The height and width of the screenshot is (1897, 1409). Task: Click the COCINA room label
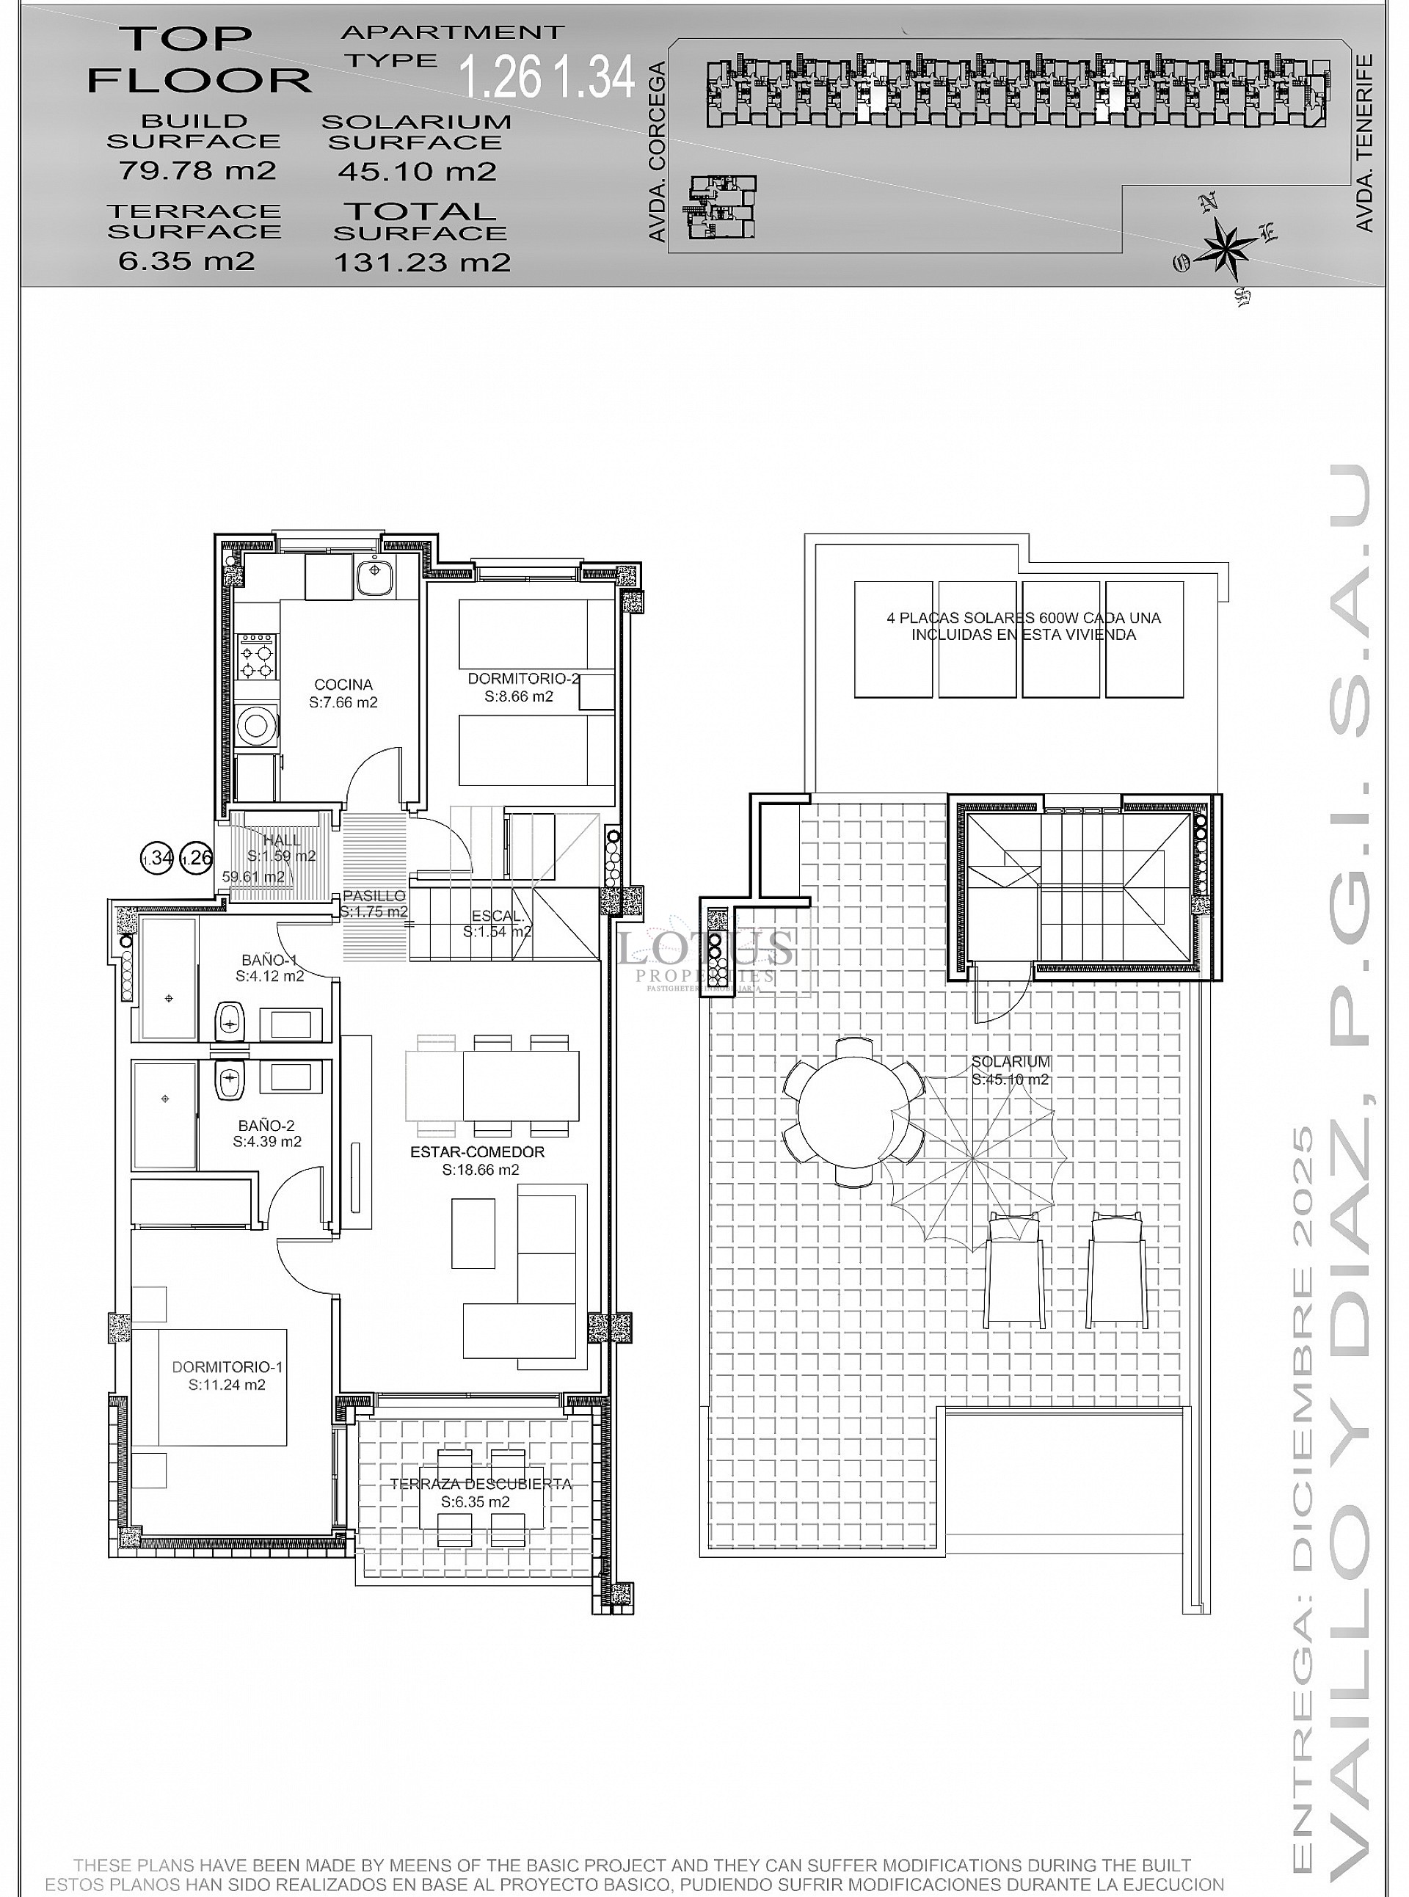[x=343, y=684]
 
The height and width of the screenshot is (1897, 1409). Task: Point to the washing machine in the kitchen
[x=257, y=725]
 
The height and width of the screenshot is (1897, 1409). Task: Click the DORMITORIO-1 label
[x=227, y=1366]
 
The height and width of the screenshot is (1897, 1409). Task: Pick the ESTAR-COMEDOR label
[x=477, y=1151]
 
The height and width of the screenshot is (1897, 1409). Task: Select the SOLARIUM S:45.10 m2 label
[x=1011, y=1070]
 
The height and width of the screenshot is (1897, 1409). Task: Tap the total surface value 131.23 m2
[x=422, y=261]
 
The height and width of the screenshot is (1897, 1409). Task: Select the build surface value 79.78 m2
[x=197, y=170]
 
